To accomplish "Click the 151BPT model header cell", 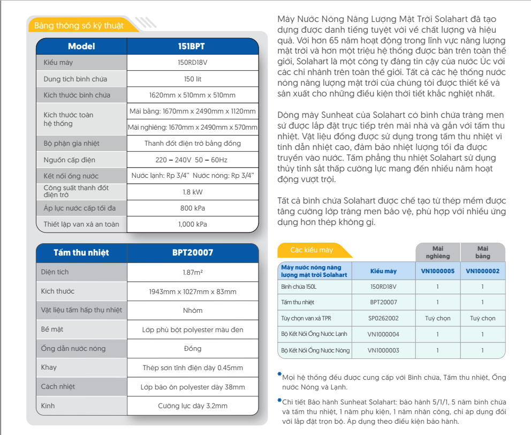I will point(192,46).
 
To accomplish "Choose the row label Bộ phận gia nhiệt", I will point(71,144).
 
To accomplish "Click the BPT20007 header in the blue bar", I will point(192,252).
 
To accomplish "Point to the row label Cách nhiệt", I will point(58,386).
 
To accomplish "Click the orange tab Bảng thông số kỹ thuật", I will point(78,26).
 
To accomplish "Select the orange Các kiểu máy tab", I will point(312,250).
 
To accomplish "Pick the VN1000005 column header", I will point(437,271).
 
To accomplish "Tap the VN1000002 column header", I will point(482,271).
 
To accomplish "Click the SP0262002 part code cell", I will point(383,318).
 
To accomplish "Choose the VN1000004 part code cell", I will point(383,334).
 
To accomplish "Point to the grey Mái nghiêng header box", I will point(437,252).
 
